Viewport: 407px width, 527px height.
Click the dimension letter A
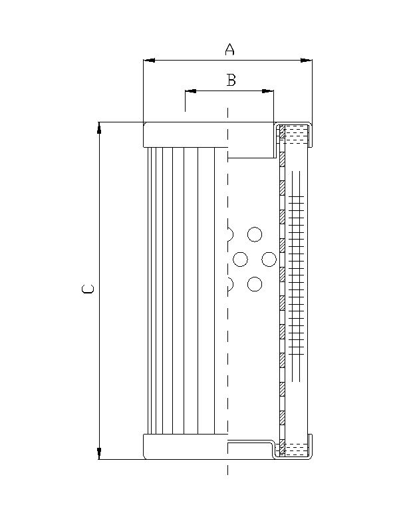(229, 49)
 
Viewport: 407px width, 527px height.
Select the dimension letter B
(231, 81)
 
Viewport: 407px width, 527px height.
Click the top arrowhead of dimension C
(99, 127)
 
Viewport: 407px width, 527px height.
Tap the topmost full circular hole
(254, 234)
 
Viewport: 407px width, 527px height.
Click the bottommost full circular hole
(254, 285)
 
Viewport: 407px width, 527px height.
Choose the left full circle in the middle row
(241, 259)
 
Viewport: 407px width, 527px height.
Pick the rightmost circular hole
(269, 259)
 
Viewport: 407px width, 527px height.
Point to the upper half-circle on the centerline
(230, 234)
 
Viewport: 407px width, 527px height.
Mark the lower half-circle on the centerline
(230, 285)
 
